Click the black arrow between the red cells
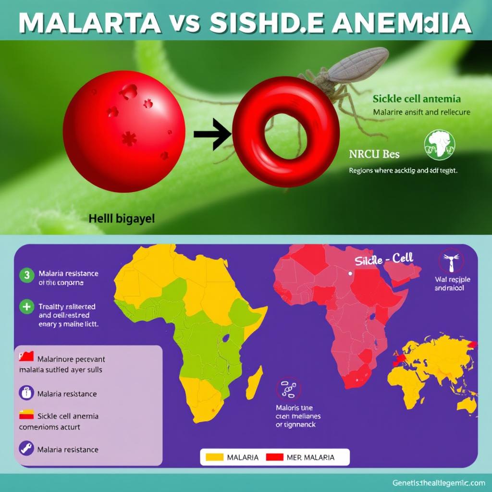(212, 135)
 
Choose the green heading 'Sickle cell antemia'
(417, 99)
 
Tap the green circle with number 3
(27, 275)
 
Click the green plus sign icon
(27, 306)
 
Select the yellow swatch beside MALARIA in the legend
(214, 457)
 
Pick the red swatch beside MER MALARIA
(275, 457)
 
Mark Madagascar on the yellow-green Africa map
(254, 382)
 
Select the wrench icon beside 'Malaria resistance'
(26, 449)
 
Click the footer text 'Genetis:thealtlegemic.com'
(438, 482)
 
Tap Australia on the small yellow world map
(465, 404)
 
